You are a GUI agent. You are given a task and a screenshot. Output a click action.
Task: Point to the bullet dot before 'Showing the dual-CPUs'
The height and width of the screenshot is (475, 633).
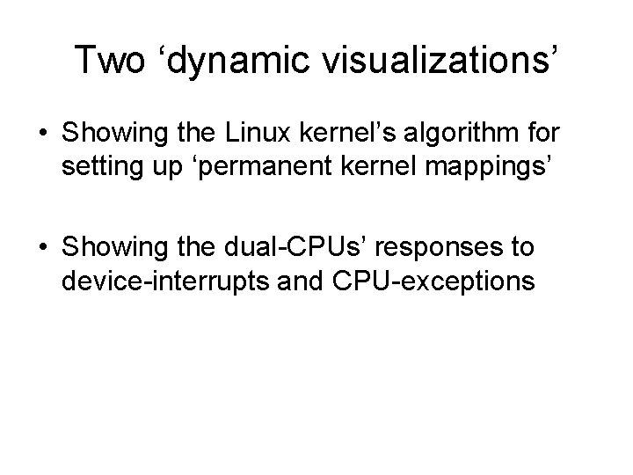click(x=43, y=248)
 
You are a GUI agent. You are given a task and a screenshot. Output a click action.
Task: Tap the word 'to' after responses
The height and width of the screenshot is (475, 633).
click(x=520, y=248)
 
